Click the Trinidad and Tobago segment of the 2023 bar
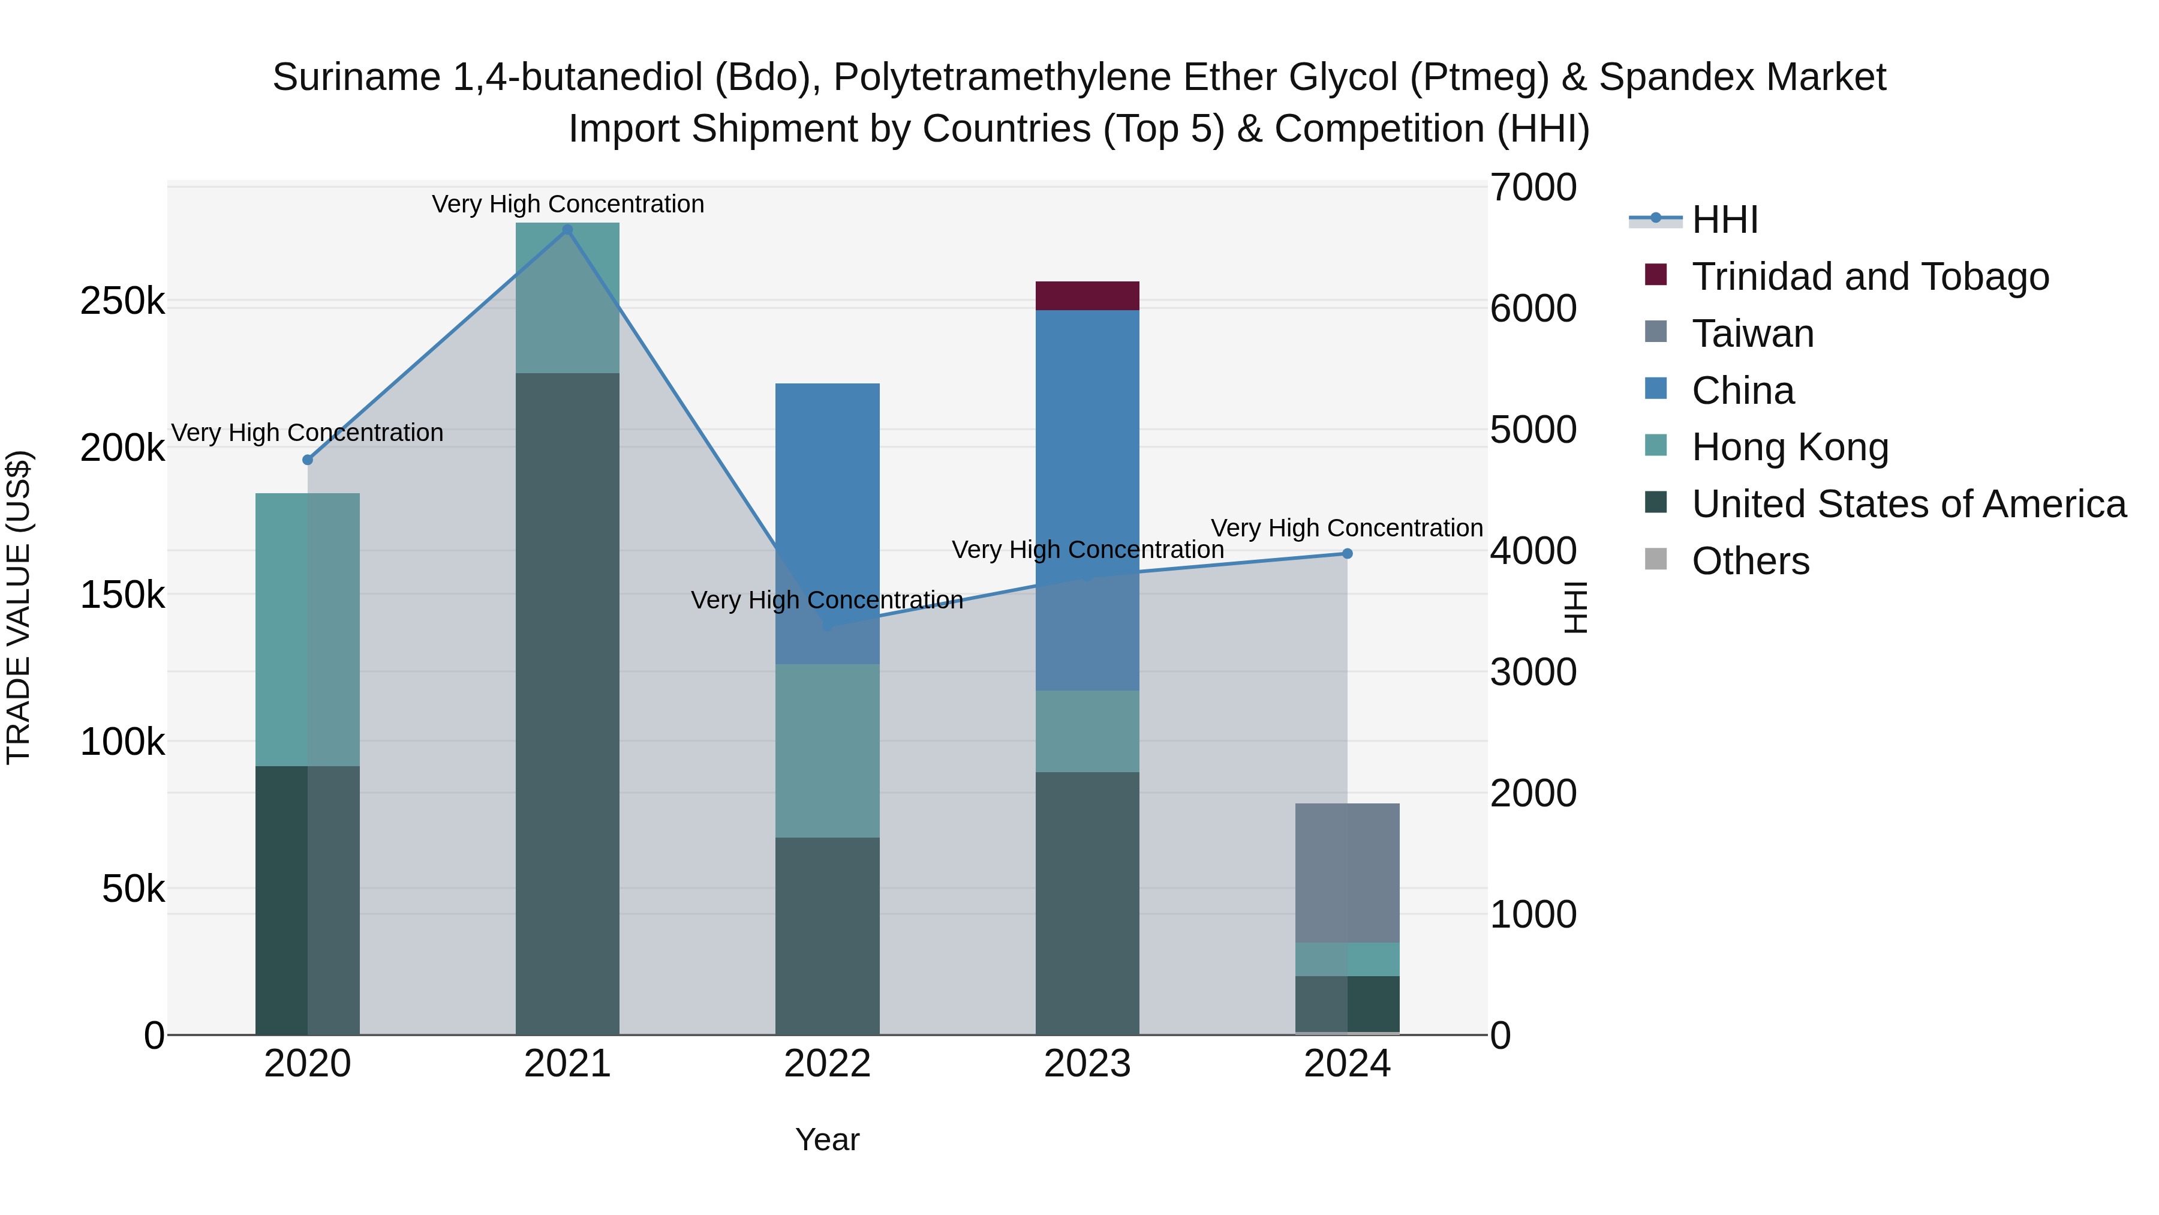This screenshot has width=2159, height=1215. click(x=1087, y=296)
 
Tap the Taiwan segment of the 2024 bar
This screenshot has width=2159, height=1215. click(x=1347, y=872)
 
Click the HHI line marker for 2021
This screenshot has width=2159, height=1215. click(x=567, y=230)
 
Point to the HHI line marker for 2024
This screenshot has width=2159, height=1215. click(x=1347, y=553)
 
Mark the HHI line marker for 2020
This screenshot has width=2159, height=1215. click(x=308, y=460)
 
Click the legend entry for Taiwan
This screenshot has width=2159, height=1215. click(x=1752, y=334)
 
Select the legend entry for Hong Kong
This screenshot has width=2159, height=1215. click(x=1790, y=447)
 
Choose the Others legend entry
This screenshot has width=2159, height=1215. click(x=1750, y=561)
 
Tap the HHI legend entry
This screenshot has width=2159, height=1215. click(x=1725, y=220)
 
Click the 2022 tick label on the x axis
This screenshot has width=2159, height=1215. click(x=827, y=1064)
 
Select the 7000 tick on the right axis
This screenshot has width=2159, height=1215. click(x=1533, y=188)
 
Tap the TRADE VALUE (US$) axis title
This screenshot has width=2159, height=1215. click(x=19, y=607)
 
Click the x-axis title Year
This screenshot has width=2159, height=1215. click(x=827, y=1139)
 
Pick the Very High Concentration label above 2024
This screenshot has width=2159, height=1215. click(x=1347, y=528)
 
